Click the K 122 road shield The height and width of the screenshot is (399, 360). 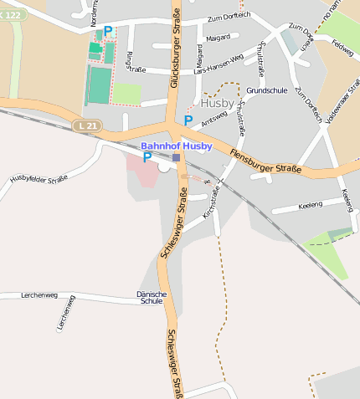(13, 15)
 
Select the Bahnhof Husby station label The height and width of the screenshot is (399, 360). (176, 146)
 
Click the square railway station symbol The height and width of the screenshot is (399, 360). (176, 157)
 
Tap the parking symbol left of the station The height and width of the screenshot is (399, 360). (147, 156)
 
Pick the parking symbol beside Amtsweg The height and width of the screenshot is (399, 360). (188, 120)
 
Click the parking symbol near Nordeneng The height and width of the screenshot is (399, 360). (108, 31)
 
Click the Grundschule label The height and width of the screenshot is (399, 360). (267, 90)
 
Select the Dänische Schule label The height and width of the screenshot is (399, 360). (152, 297)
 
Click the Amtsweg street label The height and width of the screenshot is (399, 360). (214, 115)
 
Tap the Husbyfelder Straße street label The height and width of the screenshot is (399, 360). (39, 178)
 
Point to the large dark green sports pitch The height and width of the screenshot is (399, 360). (99, 85)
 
